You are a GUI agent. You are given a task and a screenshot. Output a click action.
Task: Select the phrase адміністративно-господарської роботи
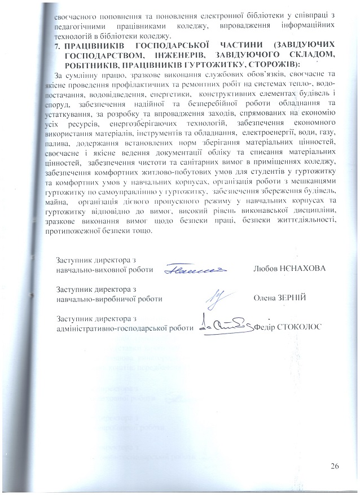[x=124, y=328]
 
